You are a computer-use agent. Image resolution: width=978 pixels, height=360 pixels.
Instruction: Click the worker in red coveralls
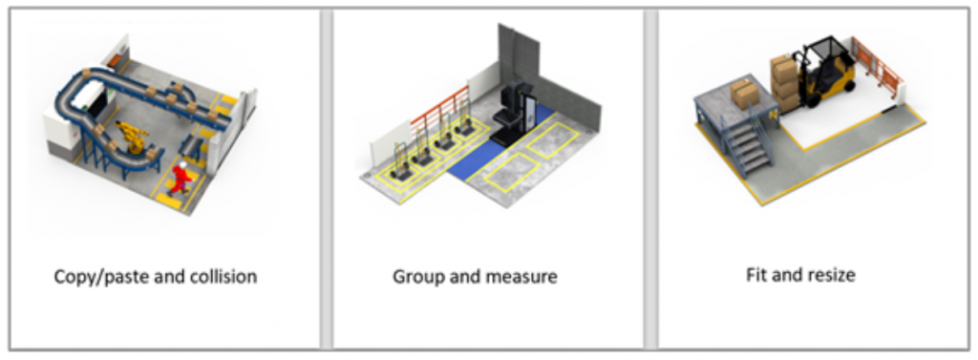pos(181,179)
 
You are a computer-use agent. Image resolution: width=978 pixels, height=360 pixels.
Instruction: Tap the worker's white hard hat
pos(182,164)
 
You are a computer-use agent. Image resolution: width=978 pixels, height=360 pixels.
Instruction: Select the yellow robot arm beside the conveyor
pos(132,137)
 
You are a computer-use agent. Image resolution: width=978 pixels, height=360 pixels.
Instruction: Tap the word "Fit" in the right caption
pos(756,274)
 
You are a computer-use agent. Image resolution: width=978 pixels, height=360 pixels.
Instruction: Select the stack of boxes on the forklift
pos(784,84)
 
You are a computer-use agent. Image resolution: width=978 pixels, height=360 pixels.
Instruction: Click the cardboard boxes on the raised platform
pos(743,93)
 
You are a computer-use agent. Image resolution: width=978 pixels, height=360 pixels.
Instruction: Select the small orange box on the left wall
pos(115,59)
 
